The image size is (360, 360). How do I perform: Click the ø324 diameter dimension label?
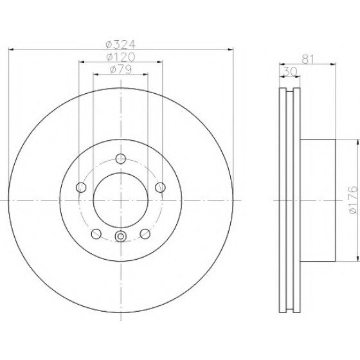tap(121, 44)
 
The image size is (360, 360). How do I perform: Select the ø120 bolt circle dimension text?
tap(121, 57)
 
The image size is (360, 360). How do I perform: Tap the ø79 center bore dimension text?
tap(121, 69)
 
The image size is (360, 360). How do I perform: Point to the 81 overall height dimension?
tap(308, 59)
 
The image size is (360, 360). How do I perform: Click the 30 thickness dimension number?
tap(290, 71)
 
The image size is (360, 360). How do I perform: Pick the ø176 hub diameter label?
tap(354, 200)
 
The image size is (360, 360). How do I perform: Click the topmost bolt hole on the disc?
tap(121, 158)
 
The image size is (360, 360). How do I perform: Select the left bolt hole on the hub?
tap(81, 187)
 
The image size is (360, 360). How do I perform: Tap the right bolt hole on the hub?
tap(160, 187)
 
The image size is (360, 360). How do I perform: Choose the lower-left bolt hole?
tap(96, 234)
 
